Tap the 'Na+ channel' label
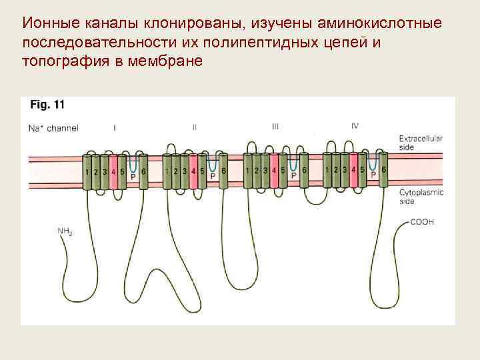(x=53, y=127)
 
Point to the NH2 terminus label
(x=65, y=231)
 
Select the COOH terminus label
(x=422, y=221)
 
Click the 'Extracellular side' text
(x=421, y=142)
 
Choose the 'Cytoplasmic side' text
(x=421, y=196)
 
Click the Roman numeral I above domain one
(x=115, y=127)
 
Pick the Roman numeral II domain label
(x=194, y=127)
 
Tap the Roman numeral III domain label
(x=275, y=127)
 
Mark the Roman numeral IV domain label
(x=354, y=127)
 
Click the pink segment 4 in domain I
(x=113, y=171)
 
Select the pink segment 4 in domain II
(x=193, y=171)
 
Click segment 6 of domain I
(x=144, y=171)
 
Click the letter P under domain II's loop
(x=213, y=177)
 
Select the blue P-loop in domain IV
(x=373, y=163)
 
